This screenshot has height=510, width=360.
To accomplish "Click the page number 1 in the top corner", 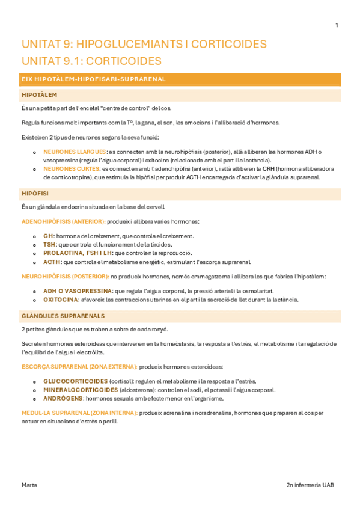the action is pyautogui.click(x=337, y=25).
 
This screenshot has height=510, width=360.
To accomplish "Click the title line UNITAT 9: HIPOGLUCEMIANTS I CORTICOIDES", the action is pyautogui.click(x=144, y=45).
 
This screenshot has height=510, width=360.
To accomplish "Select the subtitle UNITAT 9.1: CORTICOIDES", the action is pyautogui.click(x=91, y=61).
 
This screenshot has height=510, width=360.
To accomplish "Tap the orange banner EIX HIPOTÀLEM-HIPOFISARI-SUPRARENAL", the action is pyautogui.click(x=93, y=79).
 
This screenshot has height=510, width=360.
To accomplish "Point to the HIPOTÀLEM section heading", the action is pyautogui.click(x=39, y=95).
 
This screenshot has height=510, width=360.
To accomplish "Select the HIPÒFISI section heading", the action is pyautogui.click(x=35, y=194).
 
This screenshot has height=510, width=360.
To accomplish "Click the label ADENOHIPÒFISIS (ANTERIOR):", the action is pyautogui.click(x=63, y=222).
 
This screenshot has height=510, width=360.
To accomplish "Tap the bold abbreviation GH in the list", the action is pyautogui.click(x=47, y=236).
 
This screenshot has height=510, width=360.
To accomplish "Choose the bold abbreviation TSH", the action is pyautogui.click(x=50, y=245).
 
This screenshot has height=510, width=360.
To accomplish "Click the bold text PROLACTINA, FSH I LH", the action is pyautogui.click(x=78, y=253).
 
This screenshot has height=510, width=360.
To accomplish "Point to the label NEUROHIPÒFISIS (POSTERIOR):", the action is pyautogui.click(x=65, y=277).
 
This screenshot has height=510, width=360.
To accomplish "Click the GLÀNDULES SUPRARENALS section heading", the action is pyautogui.click(x=63, y=316).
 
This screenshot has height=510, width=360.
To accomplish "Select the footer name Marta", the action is pyautogui.click(x=29, y=484).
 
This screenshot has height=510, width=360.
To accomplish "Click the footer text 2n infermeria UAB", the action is pyautogui.click(x=313, y=484).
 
